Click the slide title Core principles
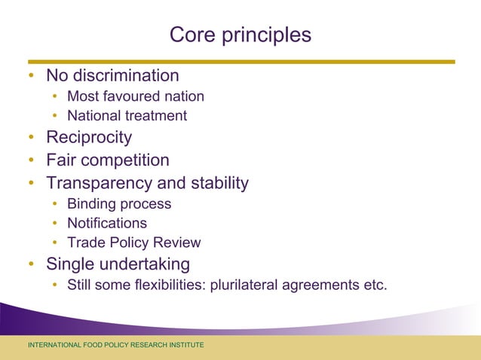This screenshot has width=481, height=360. point(240,35)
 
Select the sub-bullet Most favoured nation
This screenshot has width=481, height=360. point(135,96)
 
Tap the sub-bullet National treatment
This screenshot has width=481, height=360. point(127,116)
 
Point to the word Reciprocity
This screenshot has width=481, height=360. point(89,137)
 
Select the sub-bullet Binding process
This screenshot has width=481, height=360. point(119,204)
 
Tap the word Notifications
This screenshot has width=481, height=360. point(107,224)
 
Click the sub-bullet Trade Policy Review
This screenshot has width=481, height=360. point(133,243)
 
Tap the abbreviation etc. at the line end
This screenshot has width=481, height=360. point(375,285)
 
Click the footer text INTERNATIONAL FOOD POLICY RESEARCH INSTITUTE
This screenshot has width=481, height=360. point(115,345)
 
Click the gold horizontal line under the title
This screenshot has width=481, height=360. point(241,62)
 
